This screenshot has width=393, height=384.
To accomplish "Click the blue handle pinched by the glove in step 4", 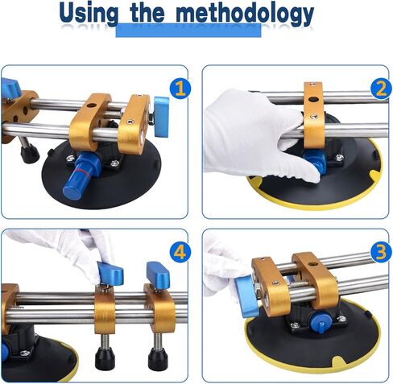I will pyautogui.click(x=109, y=276).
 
